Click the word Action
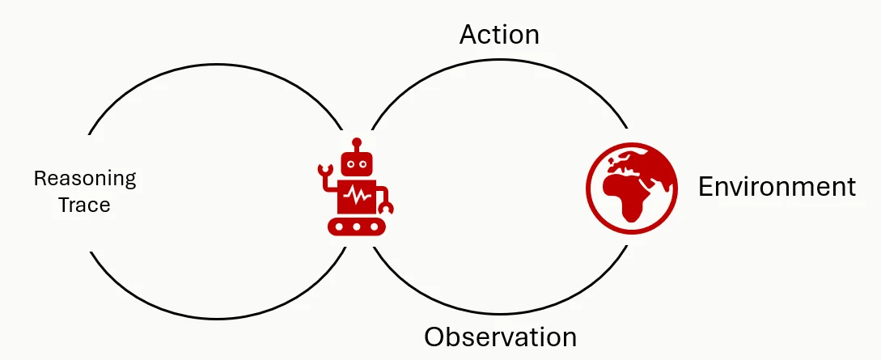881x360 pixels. coord(499,35)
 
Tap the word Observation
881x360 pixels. coord(500,337)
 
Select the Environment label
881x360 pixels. coord(777,186)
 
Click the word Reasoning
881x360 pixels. coord(85,180)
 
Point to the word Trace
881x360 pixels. coord(85,205)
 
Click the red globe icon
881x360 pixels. coord(632,188)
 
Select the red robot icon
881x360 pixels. coord(356,186)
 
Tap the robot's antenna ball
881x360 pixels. coord(357,142)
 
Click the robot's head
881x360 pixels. coord(357,164)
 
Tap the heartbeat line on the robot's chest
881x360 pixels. coord(357,196)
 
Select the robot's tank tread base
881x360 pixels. coord(357,227)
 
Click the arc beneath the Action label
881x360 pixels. coord(499,60)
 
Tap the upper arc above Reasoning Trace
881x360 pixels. coord(216,66)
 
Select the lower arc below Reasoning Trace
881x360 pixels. coord(217,319)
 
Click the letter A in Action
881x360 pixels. coord(470,35)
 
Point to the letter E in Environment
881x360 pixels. coord(706,186)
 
